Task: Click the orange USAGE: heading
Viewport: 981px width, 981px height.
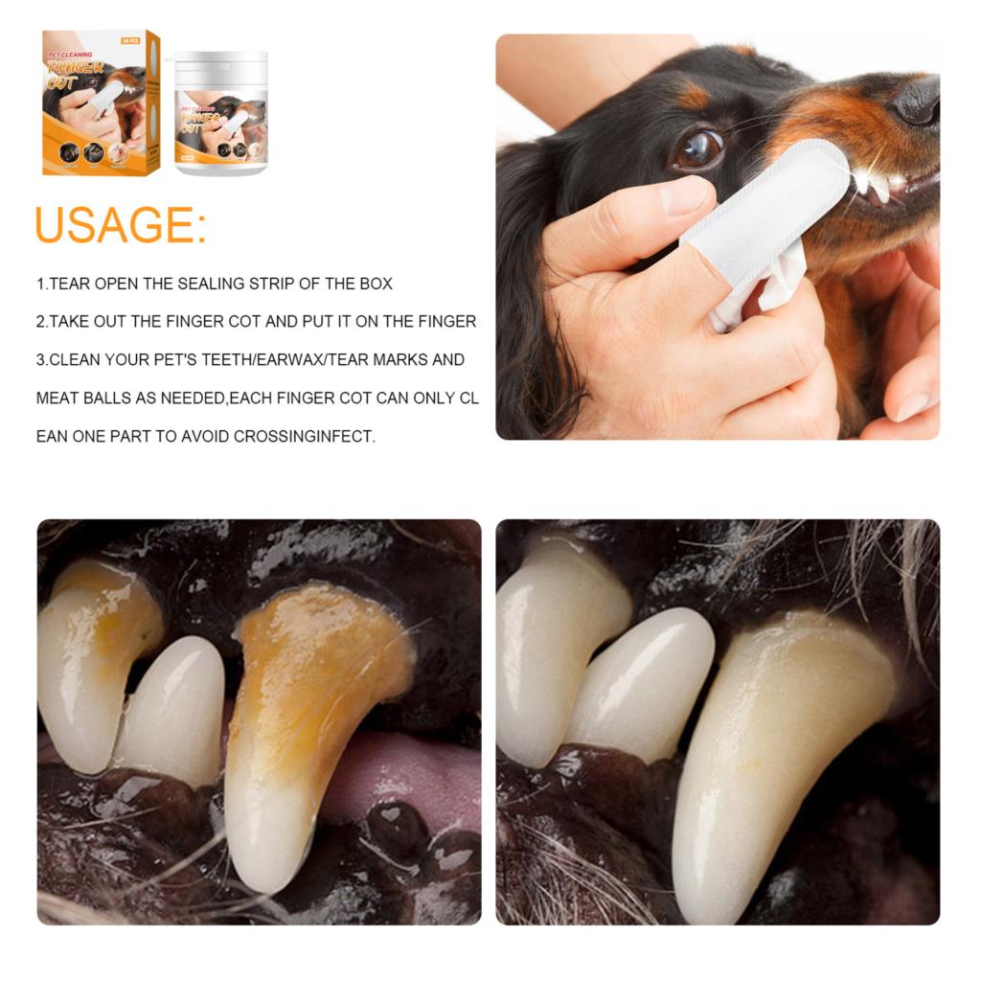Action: [x=121, y=224]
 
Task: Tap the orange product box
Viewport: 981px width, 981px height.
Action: [x=100, y=103]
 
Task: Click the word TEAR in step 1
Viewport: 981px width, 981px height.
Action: [x=68, y=284]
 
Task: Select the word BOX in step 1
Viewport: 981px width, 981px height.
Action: [x=375, y=284]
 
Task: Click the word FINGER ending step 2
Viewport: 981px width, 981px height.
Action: [x=444, y=322]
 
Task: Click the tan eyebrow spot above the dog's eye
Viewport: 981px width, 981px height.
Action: [x=695, y=96]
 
